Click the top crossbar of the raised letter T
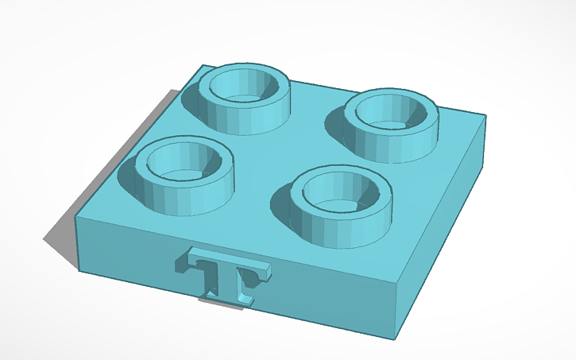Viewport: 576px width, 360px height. pos(230,263)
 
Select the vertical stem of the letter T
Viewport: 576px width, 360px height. pos(231,282)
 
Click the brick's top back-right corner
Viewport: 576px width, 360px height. pos(485,117)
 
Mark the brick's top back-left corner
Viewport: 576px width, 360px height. pos(203,65)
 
